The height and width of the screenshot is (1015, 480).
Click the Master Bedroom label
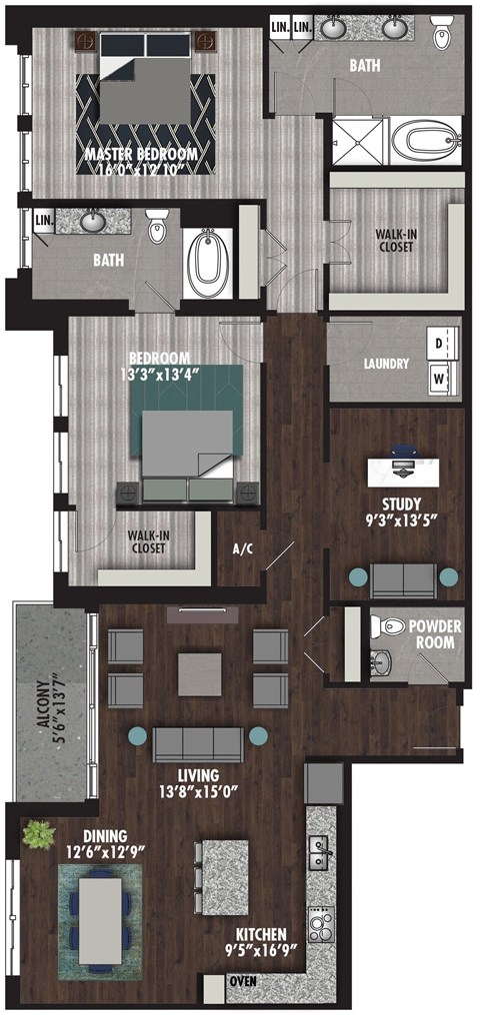[x=140, y=154]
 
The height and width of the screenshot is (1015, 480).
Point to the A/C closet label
[x=241, y=548]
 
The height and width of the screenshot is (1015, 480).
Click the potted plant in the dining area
[x=40, y=833]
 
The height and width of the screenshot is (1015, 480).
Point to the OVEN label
[x=242, y=981]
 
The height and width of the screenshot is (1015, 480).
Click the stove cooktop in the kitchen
[x=321, y=924]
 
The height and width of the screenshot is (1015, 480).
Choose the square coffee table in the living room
[x=200, y=673]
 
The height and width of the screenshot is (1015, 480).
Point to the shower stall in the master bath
[x=357, y=139]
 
